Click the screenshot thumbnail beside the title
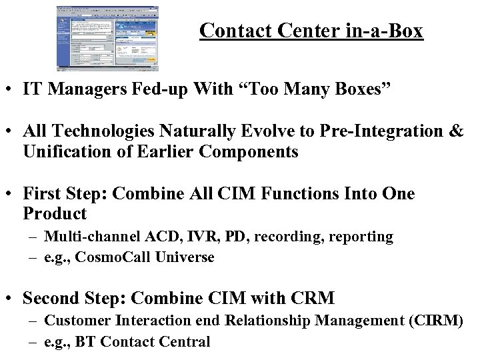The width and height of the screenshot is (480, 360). click(x=108, y=38)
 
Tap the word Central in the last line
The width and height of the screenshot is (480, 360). click(x=184, y=342)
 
